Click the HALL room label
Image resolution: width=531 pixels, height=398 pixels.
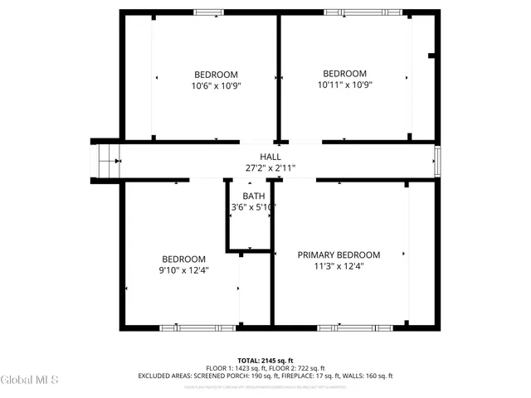[270, 157]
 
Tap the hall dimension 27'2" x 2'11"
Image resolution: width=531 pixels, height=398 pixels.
[270, 167]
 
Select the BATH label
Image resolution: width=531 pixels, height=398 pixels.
[254, 196]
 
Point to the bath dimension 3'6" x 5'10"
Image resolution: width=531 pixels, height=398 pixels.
[253, 207]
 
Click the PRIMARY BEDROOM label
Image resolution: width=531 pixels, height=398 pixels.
[339, 255]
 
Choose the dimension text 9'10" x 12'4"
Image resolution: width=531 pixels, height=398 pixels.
[183, 270]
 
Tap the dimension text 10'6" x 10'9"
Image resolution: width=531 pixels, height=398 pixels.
[216, 85]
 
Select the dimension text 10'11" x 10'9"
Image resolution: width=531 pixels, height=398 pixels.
[344, 85]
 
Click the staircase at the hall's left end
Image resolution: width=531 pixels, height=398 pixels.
[104, 159]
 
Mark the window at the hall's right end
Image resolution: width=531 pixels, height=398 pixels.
[436, 160]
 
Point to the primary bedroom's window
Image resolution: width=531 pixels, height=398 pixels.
[348, 328]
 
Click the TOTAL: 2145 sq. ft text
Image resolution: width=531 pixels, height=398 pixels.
[265, 360]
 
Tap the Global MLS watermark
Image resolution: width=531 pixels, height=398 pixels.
[30, 380]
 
